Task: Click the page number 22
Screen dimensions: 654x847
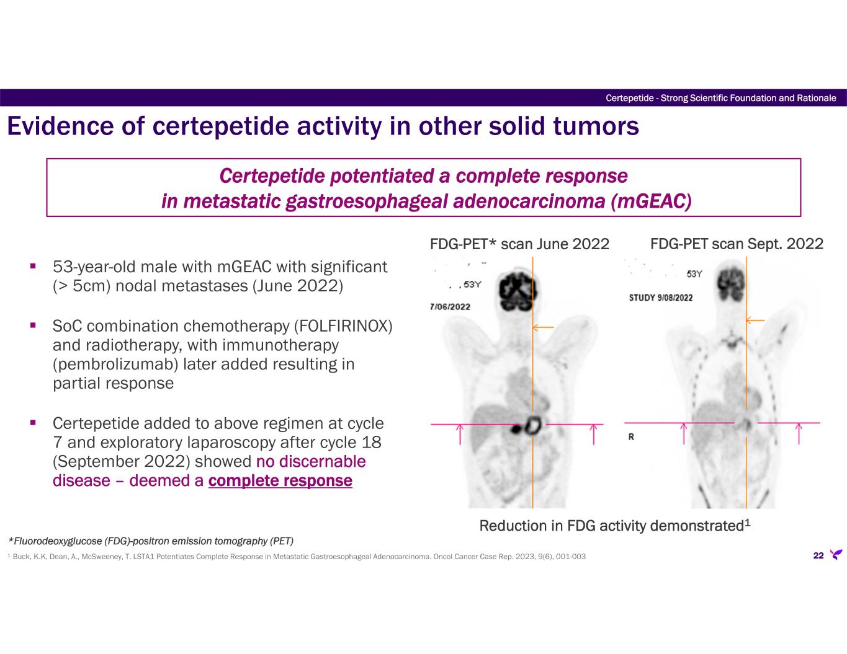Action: click(818, 555)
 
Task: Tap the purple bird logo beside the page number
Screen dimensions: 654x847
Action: click(836, 555)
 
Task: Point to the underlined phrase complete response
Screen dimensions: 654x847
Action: click(280, 481)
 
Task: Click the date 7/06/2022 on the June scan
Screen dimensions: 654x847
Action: click(449, 306)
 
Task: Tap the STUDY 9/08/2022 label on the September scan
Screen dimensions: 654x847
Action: click(661, 298)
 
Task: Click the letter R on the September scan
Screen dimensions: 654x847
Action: click(631, 436)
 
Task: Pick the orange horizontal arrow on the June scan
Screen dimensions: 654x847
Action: click(544, 327)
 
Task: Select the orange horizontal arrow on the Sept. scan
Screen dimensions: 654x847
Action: click(755, 320)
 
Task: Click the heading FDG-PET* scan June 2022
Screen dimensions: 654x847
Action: click(519, 244)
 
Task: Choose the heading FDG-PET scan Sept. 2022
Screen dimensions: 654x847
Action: click(737, 244)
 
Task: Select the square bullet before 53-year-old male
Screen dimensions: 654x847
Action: click(34, 267)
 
